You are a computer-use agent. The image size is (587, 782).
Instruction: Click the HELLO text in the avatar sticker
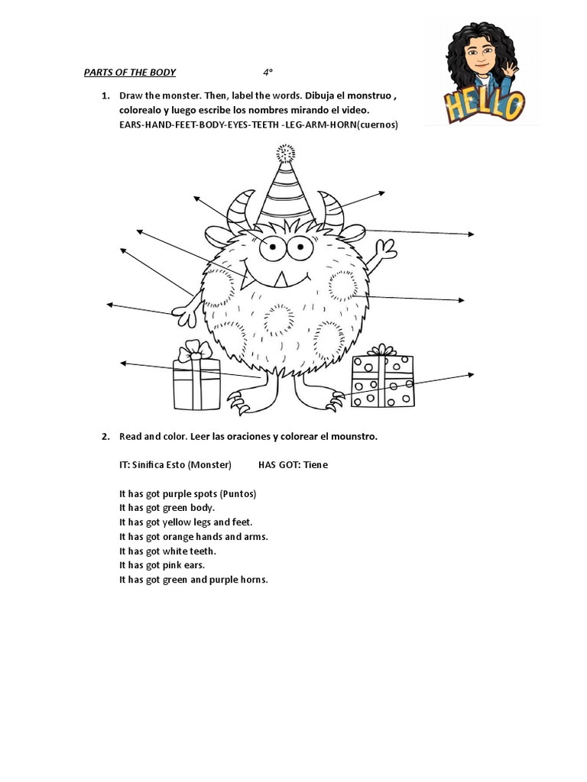pos(486,105)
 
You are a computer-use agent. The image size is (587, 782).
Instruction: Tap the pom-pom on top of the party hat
pos(286,153)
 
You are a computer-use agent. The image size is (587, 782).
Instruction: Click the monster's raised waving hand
pos(386,250)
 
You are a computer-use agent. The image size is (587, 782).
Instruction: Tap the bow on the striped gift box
pos(195,351)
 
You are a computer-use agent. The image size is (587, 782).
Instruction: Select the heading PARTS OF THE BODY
pos(129,73)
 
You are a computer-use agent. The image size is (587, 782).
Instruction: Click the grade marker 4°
pos(268,73)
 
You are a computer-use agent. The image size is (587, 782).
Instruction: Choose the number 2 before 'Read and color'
pos(104,437)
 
